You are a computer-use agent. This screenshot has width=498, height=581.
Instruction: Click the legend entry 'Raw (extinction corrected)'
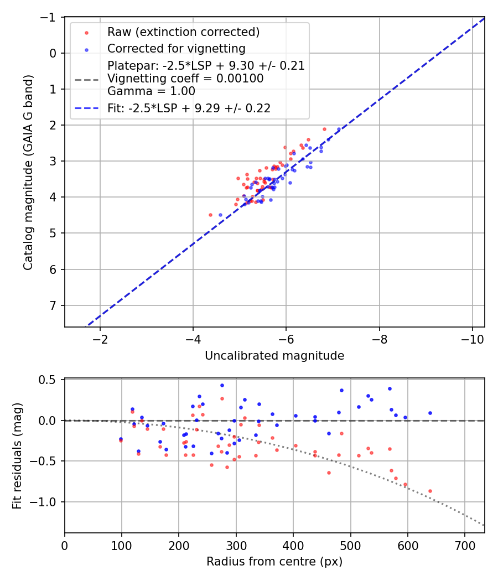183,32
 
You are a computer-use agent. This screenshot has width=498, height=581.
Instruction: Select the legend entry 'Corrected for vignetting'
176,48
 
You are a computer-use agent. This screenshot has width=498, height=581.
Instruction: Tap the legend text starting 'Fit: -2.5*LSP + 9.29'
189,108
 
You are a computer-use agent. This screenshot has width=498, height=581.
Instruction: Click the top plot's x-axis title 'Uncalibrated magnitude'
274,356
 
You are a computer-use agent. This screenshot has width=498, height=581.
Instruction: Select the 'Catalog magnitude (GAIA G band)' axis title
28,172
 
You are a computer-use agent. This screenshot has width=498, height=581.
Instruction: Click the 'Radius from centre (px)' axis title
274,562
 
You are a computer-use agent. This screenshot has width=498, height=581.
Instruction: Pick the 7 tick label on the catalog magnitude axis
53,305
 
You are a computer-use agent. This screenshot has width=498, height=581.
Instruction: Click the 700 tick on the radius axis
464,545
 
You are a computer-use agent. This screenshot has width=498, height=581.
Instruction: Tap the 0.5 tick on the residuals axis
50,380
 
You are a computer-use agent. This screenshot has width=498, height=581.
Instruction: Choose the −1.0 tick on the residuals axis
46,502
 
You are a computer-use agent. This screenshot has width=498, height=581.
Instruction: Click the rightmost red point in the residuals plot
430,491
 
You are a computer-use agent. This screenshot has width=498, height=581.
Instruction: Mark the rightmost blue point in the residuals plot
430,413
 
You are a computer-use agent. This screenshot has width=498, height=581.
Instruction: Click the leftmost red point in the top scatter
210,215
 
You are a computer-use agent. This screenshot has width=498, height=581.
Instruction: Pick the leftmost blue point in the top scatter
220,215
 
